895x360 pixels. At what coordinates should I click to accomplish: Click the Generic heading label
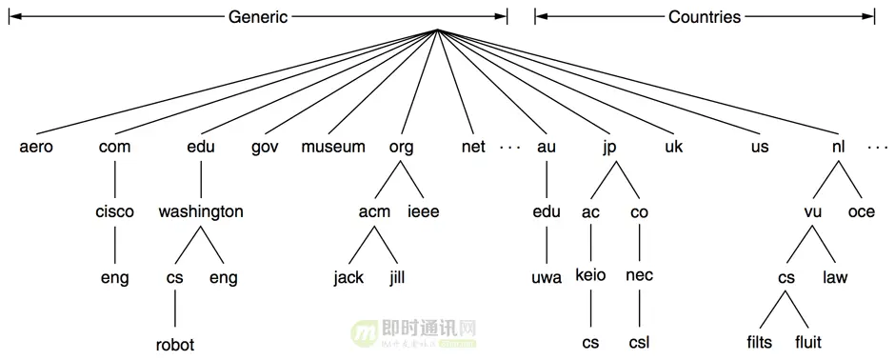tap(258, 17)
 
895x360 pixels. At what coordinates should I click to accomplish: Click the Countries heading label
tap(705, 17)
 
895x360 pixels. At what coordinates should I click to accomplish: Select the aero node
tap(36, 147)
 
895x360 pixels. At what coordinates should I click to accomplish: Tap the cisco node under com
tap(114, 211)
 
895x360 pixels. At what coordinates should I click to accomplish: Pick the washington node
tap(201, 211)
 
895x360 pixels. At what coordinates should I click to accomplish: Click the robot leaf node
tap(175, 344)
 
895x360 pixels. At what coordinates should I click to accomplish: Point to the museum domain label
tap(333, 147)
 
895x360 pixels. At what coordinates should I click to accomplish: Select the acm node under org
tap(376, 211)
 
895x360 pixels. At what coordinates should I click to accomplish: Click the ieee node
tap(424, 211)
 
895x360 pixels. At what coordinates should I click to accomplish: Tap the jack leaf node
tap(348, 278)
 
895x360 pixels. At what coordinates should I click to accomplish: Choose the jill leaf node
tap(398, 278)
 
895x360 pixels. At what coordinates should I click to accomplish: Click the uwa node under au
tap(547, 278)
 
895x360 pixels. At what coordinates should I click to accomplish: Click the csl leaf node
tap(639, 341)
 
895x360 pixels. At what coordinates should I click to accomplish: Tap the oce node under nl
tap(861, 211)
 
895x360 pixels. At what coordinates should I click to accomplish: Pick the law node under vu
tap(834, 278)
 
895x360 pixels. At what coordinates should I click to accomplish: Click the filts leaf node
tap(762, 341)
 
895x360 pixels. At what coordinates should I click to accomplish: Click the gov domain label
tap(265, 148)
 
